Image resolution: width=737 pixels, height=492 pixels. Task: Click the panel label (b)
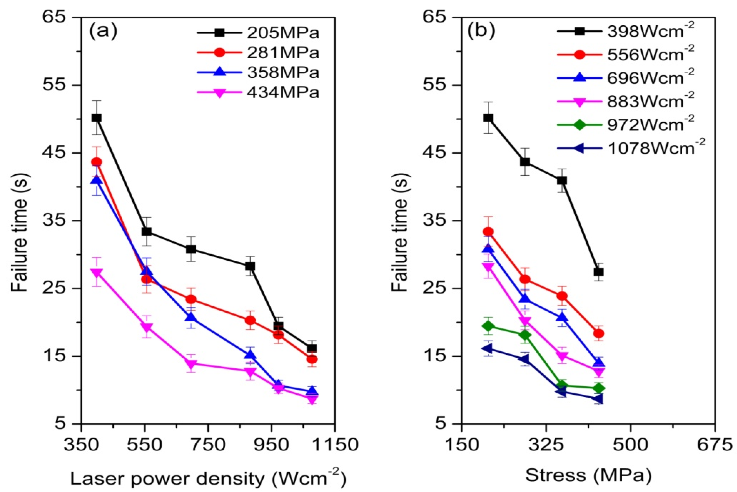[x=481, y=31]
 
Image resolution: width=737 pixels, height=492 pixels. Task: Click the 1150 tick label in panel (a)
[x=334, y=445]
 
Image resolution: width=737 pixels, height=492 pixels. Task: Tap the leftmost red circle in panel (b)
[x=488, y=232]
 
